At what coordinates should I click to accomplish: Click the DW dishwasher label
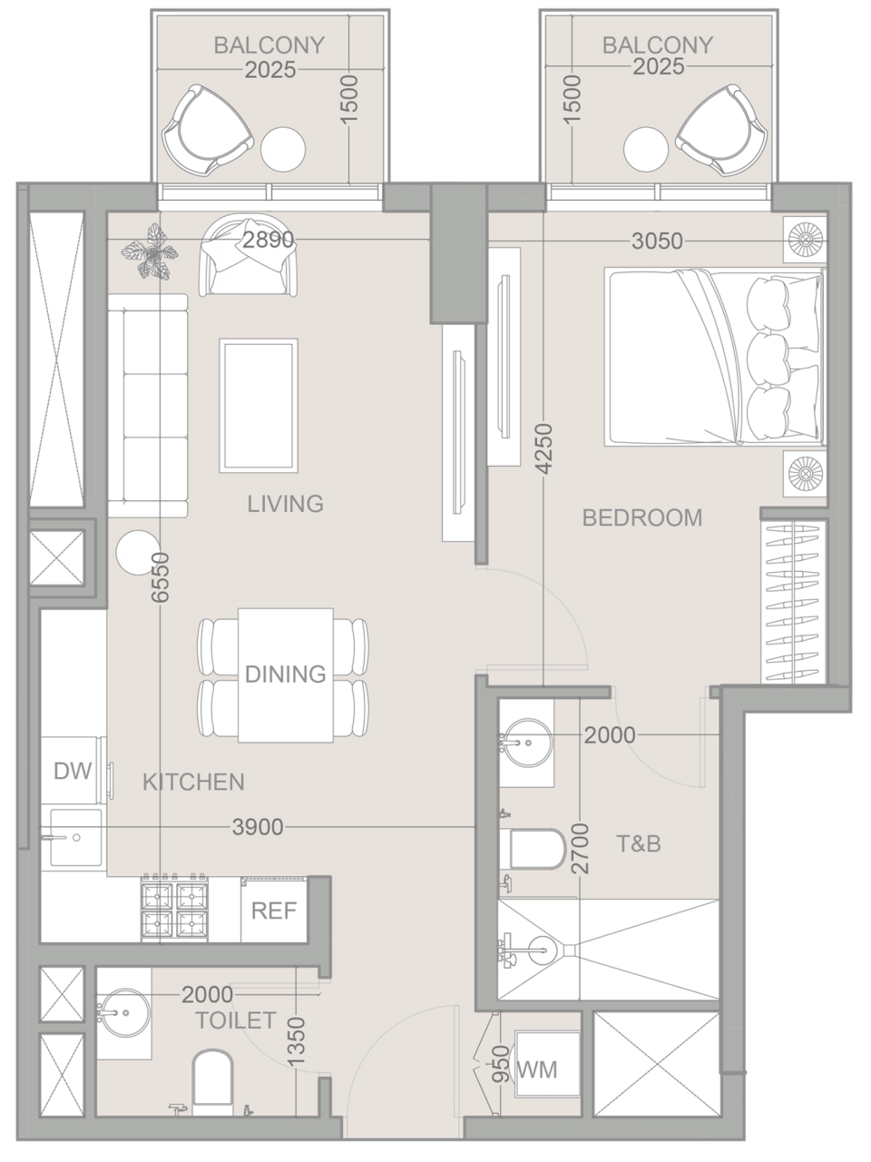[73, 771]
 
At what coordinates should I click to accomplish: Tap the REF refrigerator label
[274, 911]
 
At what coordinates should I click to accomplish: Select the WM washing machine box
[536, 1068]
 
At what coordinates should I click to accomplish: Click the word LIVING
[285, 503]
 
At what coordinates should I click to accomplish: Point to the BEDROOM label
[641, 517]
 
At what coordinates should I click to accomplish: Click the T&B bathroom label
[639, 844]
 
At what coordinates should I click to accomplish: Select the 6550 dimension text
[161, 577]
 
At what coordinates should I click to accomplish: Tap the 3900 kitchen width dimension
[258, 826]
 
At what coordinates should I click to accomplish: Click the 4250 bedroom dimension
[543, 448]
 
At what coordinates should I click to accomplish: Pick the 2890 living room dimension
[268, 241]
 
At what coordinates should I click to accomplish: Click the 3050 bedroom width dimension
[658, 241]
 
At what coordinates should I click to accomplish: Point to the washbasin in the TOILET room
[122, 1009]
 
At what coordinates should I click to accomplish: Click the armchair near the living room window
[250, 256]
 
